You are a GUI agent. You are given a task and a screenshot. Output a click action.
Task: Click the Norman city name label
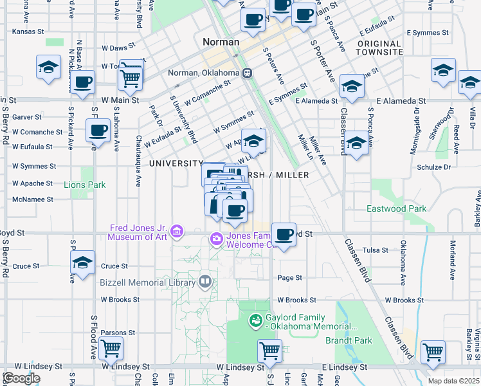[x=221, y=42]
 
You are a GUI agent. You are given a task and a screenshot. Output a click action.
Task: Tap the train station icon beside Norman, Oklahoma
[x=247, y=73]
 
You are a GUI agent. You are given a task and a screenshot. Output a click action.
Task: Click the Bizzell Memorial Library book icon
[x=204, y=280]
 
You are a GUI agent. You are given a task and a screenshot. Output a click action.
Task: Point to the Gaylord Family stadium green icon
[x=255, y=319]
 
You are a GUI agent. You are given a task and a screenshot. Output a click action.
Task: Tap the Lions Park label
[x=84, y=185]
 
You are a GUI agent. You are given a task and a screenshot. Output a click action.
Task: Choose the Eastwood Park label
[x=396, y=208]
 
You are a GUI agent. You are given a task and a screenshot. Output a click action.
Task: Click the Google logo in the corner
[x=21, y=378]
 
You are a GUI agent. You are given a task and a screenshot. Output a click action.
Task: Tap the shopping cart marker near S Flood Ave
[x=111, y=348]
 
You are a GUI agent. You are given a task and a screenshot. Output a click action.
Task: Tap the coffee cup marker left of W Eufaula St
[x=98, y=130]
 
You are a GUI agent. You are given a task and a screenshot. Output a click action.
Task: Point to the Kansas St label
[x=28, y=31]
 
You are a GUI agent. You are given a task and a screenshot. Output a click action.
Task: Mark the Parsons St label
[x=118, y=333]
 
